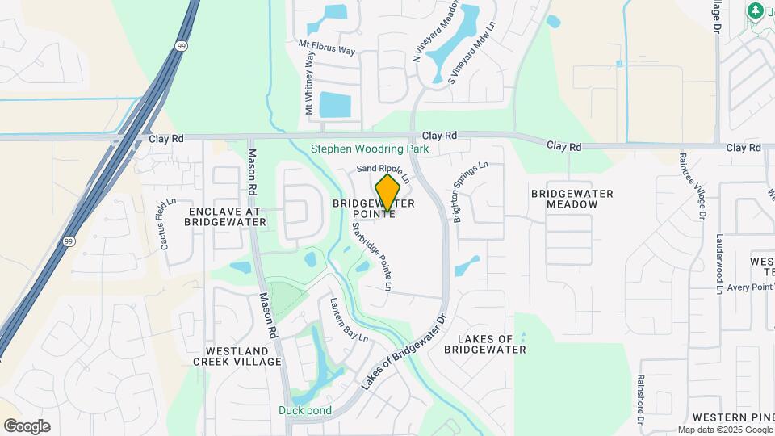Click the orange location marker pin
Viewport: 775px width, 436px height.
(387, 193)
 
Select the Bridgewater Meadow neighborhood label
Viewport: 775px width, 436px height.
(572, 199)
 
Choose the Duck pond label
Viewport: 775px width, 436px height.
(305, 410)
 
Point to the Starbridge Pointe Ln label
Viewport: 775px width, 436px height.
(371, 257)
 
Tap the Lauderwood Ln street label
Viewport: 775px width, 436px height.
(719, 263)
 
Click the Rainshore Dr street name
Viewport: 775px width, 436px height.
(639, 399)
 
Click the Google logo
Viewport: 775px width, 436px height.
(27, 426)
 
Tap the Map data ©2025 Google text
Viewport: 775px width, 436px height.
(724, 430)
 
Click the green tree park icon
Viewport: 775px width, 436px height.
(756, 10)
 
